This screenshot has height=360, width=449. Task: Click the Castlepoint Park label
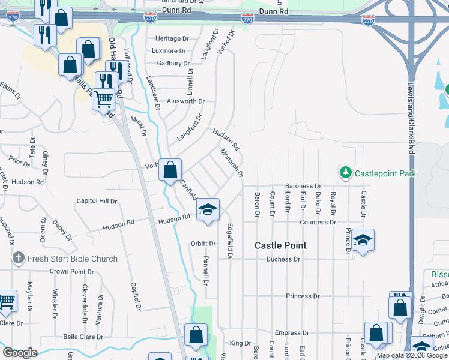tap(385, 173)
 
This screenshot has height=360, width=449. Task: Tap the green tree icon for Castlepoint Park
tap(345, 173)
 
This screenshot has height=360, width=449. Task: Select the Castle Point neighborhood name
tap(280, 245)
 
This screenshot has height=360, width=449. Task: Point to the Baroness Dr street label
tap(303, 187)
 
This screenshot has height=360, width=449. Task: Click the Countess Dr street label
tap(318, 222)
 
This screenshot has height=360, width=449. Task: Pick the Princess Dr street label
tap(303, 296)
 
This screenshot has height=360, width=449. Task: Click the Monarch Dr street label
tap(232, 163)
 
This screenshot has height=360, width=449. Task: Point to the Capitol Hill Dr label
tap(97, 201)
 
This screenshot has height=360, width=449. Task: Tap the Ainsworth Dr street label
tap(186, 101)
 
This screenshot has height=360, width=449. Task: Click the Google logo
tap(20, 353)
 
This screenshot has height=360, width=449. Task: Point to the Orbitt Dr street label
tap(203, 244)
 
